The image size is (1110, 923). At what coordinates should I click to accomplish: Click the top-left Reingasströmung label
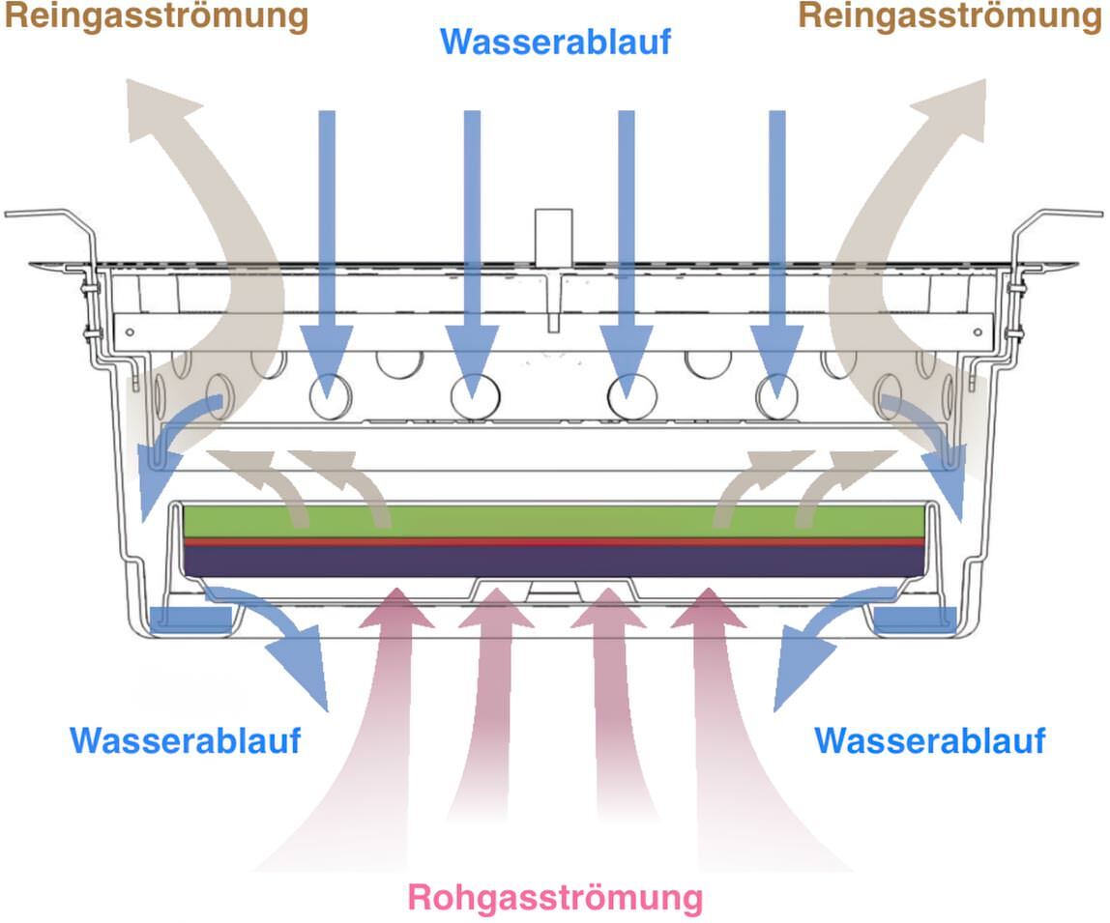[x=157, y=16]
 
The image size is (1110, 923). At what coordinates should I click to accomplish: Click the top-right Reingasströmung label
[x=950, y=16]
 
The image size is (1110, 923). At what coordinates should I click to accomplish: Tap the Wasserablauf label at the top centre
[x=556, y=41]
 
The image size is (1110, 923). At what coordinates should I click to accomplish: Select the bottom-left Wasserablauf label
[x=186, y=740]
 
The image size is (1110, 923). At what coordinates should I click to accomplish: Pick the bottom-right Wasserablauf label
[x=930, y=740]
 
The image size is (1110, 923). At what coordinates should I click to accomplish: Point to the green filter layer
[x=554, y=521]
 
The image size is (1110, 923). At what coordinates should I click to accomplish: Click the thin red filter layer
[x=554, y=541]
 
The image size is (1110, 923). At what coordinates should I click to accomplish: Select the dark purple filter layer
[x=554, y=561]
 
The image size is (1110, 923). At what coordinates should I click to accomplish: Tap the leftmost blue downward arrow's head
[x=327, y=358]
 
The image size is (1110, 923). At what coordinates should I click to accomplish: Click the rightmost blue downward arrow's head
[x=776, y=358]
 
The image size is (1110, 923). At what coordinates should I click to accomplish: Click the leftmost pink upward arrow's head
[x=396, y=610]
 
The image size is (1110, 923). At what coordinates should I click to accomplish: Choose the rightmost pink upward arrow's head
[x=708, y=610]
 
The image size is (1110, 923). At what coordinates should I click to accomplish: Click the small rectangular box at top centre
[x=554, y=237]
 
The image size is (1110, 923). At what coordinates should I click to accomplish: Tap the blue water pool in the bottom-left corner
[x=190, y=620]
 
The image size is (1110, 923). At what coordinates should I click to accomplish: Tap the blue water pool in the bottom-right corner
[x=916, y=620]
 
